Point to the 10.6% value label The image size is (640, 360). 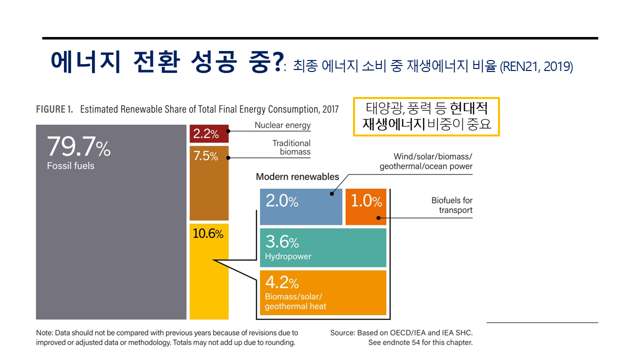click(208, 233)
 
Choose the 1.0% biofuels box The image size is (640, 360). click(365, 206)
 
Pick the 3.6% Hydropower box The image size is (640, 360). click(323, 248)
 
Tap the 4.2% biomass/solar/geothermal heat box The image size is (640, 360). click(323, 292)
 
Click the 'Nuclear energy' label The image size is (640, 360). click(282, 125)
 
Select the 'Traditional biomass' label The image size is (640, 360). click(291, 147)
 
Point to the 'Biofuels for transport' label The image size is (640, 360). click(452, 205)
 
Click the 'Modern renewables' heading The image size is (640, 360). click(297, 176)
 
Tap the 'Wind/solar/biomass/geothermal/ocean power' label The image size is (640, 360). click(426, 161)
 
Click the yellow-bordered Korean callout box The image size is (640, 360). click(426, 116)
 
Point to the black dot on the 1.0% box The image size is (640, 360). click(378, 217)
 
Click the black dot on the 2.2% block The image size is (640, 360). click(228, 131)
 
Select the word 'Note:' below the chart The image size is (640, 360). click(44, 332)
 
